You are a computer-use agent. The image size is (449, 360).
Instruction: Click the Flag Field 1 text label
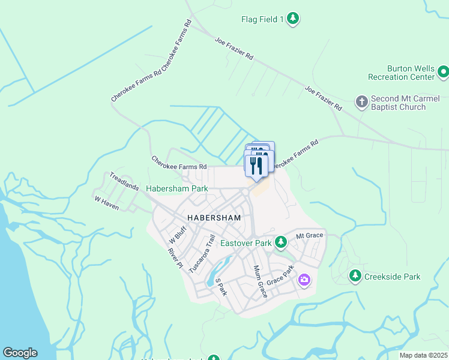(262, 20)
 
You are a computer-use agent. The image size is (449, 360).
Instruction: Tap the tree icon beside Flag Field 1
(292, 19)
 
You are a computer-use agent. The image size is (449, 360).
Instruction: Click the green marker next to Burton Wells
(443, 73)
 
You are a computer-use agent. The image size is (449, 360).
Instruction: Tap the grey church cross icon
(361, 101)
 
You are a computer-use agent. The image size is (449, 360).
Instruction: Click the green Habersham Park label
(177, 188)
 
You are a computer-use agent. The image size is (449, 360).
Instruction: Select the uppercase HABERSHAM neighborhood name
(214, 218)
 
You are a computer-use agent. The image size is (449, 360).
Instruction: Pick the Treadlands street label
(125, 181)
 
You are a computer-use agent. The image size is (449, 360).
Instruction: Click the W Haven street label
(106, 202)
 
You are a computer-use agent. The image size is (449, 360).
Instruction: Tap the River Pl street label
(175, 258)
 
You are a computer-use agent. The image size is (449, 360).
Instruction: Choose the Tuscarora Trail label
(202, 253)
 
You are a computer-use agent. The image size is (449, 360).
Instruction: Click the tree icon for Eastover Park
(280, 242)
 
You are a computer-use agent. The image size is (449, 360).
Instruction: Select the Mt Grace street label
(309, 236)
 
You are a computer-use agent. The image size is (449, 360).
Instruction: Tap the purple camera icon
(304, 280)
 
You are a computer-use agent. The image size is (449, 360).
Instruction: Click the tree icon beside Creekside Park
(355, 276)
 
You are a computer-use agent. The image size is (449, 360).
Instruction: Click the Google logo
(20, 353)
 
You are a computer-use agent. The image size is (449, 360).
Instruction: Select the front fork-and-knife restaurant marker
(256, 166)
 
